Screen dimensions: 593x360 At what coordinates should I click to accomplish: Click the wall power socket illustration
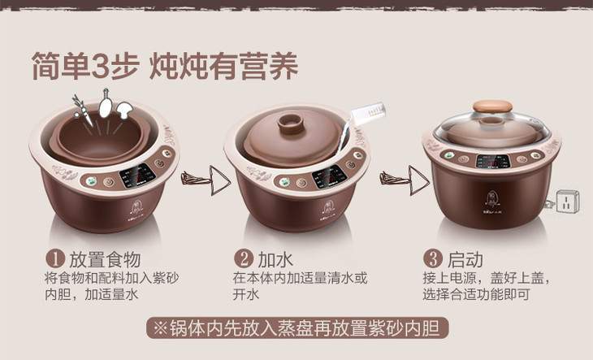[x=567, y=202]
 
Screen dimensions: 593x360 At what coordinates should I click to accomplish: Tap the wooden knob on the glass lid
[x=492, y=106]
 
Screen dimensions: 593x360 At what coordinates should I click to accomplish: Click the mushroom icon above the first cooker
[x=124, y=110]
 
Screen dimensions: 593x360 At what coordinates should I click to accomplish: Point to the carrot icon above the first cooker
[x=82, y=110]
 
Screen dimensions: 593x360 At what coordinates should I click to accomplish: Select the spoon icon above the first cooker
[x=105, y=103]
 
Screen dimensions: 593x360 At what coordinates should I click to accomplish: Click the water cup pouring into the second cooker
[x=368, y=114]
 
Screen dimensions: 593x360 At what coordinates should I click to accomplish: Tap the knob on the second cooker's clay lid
[x=291, y=124]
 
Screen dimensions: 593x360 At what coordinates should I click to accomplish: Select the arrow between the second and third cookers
[x=405, y=180]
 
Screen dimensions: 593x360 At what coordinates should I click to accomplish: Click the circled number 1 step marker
[x=55, y=259]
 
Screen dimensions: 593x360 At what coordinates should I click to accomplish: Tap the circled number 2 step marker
[x=244, y=259]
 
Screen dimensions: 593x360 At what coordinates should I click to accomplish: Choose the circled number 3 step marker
[x=433, y=259]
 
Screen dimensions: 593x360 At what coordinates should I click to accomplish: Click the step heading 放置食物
[x=105, y=259]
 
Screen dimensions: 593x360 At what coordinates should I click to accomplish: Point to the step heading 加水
[x=275, y=259]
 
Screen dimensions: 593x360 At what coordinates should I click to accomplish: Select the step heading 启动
[x=465, y=259]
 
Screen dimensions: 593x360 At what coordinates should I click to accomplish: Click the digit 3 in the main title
[x=100, y=67]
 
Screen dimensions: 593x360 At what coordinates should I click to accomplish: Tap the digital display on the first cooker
[x=137, y=176]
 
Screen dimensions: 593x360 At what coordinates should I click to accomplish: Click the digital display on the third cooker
[x=493, y=162]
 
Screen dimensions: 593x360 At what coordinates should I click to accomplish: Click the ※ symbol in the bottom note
[x=160, y=327]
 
